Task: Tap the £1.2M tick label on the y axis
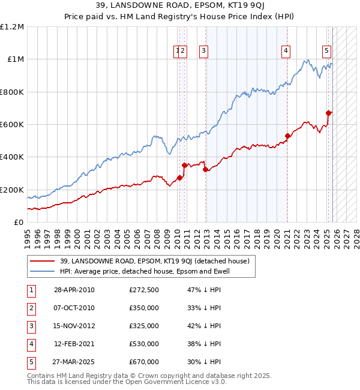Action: [x=12, y=27]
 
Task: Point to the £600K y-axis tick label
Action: [x=12, y=125]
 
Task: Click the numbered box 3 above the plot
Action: [x=205, y=52]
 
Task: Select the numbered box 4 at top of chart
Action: [x=286, y=52]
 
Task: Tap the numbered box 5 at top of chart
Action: [x=327, y=52]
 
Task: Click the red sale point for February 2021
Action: [x=287, y=136]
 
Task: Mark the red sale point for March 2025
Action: [x=328, y=113]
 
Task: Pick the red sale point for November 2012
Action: [x=205, y=169]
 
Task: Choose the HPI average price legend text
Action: [x=145, y=271]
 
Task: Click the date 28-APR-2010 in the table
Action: [x=74, y=290]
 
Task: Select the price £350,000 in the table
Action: [x=144, y=308]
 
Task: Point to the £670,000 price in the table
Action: [x=144, y=362]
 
